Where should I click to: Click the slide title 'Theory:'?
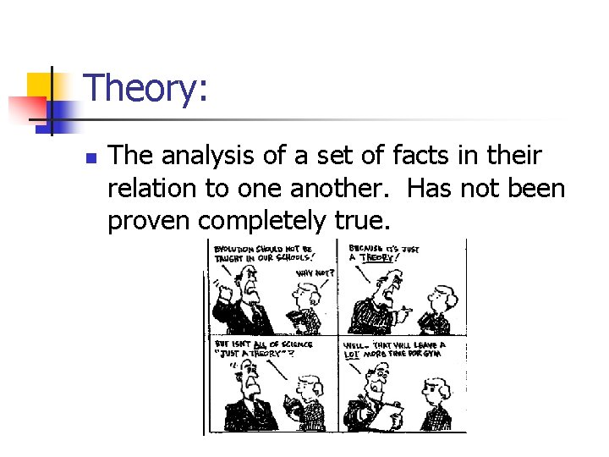click(146, 89)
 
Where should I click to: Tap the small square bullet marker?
click(91, 158)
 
